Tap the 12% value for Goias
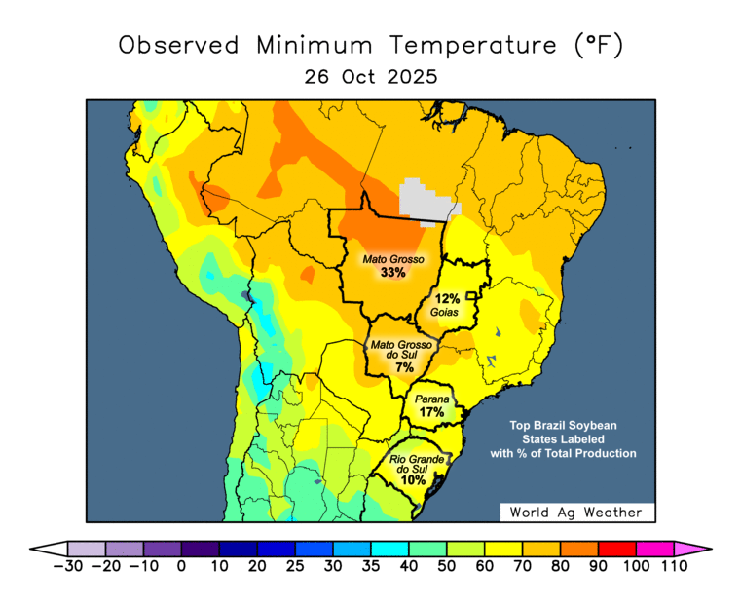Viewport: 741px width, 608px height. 447,298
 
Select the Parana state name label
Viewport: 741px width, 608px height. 431,399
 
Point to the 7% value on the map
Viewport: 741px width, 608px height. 404,367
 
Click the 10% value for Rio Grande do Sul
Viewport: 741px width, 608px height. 413,479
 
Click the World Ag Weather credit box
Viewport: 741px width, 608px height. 577,513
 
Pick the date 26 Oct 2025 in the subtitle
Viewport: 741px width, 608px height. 370,76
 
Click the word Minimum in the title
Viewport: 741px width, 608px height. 316,45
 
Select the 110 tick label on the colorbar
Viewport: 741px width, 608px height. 673,566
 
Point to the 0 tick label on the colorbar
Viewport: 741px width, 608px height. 181,566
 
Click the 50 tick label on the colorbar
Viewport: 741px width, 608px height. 447,566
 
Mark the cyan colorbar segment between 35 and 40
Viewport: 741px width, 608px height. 389,549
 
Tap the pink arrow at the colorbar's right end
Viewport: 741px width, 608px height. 692,549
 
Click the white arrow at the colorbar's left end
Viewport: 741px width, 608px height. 48,549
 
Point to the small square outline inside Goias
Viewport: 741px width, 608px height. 471,295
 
